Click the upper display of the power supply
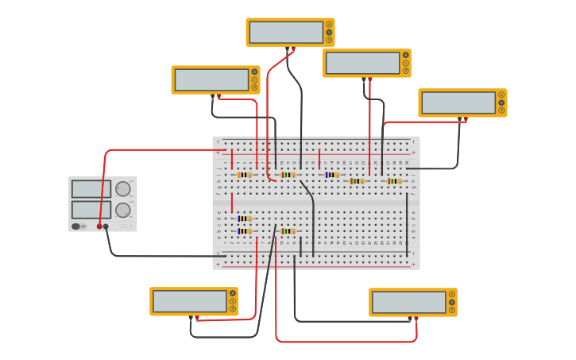point(91,188)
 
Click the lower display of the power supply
point(91,209)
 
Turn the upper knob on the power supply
point(123,189)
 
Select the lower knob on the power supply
point(123,210)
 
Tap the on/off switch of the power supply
point(79,226)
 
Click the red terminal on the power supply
point(99,226)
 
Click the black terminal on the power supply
point(106,226)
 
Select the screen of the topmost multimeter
point(286,33)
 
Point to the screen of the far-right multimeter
point(458,103)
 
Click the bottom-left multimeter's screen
point(190,301)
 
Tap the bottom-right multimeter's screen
point(408,302)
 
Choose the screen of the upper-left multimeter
point(211,79)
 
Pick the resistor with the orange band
point(245,175)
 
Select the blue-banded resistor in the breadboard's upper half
point(332,175)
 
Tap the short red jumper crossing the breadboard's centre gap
point(232,203)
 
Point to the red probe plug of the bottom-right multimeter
point(416,319)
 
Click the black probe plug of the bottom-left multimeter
point(191,319)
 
